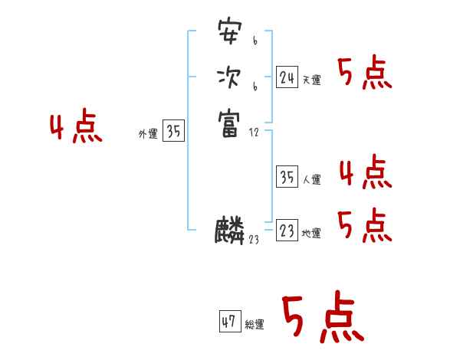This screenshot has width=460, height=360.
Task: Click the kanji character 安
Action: coord(228,33)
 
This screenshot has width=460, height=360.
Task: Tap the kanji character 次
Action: coord(228,77)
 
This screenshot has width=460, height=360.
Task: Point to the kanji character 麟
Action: coord(229,231)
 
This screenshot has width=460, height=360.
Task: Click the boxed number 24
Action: coord(287,77)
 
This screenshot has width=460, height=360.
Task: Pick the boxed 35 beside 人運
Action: coord(287,178)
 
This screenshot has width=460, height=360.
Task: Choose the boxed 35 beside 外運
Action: coord(174,132)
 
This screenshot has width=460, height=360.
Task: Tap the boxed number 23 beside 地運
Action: coord(287,231)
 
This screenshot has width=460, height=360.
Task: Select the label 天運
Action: coord(311,80)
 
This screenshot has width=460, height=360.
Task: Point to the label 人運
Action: coord(311,180)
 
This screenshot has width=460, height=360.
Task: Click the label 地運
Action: coord(311,234)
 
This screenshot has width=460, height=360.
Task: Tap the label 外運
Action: coord(147,134)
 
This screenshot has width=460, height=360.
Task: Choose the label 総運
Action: coord(255,325)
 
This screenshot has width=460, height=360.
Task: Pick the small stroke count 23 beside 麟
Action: coord(254,240)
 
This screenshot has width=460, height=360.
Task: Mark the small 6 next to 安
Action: coord(255,41)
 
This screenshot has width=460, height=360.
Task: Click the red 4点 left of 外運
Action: coord(76,128)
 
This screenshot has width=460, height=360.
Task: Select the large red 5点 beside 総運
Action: coord(322,318)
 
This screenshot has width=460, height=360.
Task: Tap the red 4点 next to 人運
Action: coord(365,172)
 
